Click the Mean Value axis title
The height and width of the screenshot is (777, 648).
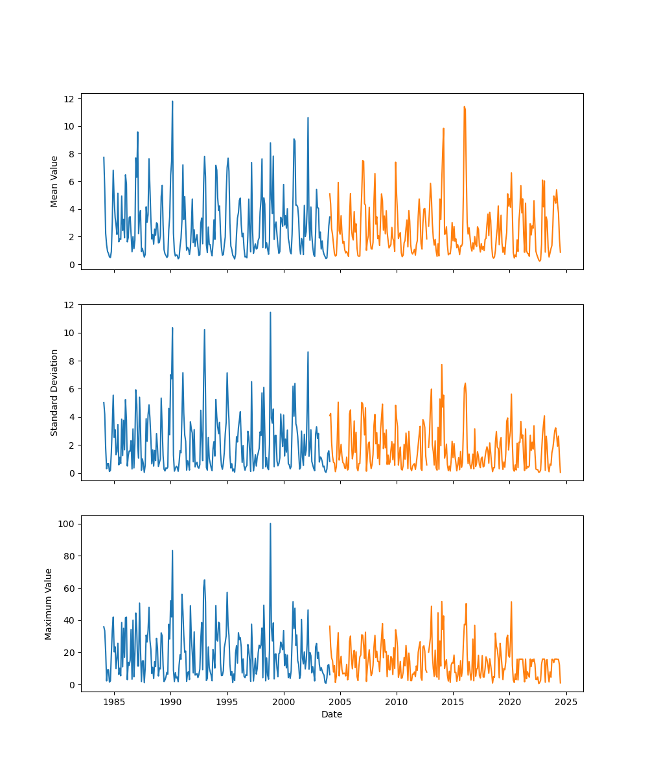[x=54, y=181]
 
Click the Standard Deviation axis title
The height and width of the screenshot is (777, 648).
[x=54, y=392]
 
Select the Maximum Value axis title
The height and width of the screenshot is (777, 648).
[x=49, y=603]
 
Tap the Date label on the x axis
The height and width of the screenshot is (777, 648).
[x=332, y=714]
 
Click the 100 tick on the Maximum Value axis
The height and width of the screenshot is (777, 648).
[x=69, y=523]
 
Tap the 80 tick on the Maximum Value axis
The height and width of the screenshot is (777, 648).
[x=71, y=556]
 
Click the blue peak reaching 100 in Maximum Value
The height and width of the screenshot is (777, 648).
[x=270, y=524]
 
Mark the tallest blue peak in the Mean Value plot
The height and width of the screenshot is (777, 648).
[x=172, y=102]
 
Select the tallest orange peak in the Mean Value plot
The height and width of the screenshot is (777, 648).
[x=464, y=107]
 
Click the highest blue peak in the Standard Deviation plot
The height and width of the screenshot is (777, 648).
[x=270, y=313]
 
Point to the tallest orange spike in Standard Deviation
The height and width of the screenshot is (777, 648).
[x=442, y=365]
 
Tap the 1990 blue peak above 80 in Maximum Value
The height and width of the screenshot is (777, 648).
[x=172, y=550]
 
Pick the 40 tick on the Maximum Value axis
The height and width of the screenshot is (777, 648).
[x=71, y=620]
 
